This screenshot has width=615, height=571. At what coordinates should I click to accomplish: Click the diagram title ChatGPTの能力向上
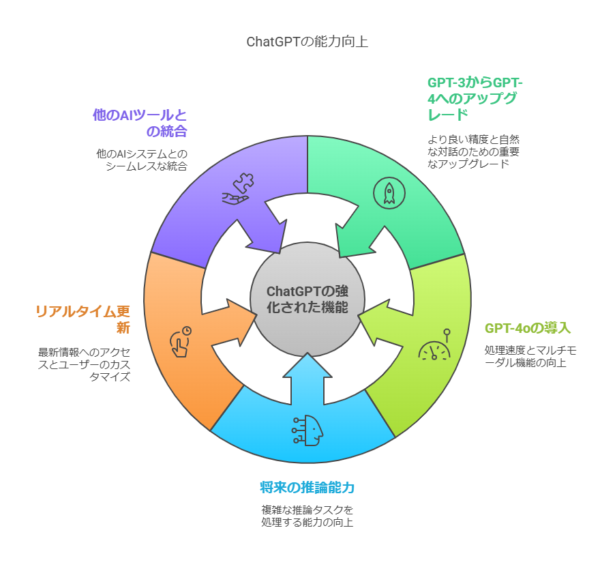click(307, 42)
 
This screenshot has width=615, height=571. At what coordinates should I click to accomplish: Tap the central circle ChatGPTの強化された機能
click(307, 299)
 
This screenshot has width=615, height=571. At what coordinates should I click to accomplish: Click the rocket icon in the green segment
click(389, 192)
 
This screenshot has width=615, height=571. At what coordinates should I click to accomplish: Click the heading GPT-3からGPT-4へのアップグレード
click(475, 98)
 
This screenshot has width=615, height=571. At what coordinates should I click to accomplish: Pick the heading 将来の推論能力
click(307, 488)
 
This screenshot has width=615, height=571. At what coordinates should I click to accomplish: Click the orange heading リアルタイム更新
click(82, 319)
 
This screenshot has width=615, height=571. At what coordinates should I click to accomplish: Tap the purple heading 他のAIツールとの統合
click(140, 123)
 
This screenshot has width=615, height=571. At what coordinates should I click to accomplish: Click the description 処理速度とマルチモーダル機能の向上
click(530, 356)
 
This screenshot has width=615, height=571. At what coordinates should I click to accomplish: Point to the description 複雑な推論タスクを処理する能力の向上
click(307, 516)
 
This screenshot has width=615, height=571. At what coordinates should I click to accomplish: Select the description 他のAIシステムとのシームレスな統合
click(142, 160)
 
